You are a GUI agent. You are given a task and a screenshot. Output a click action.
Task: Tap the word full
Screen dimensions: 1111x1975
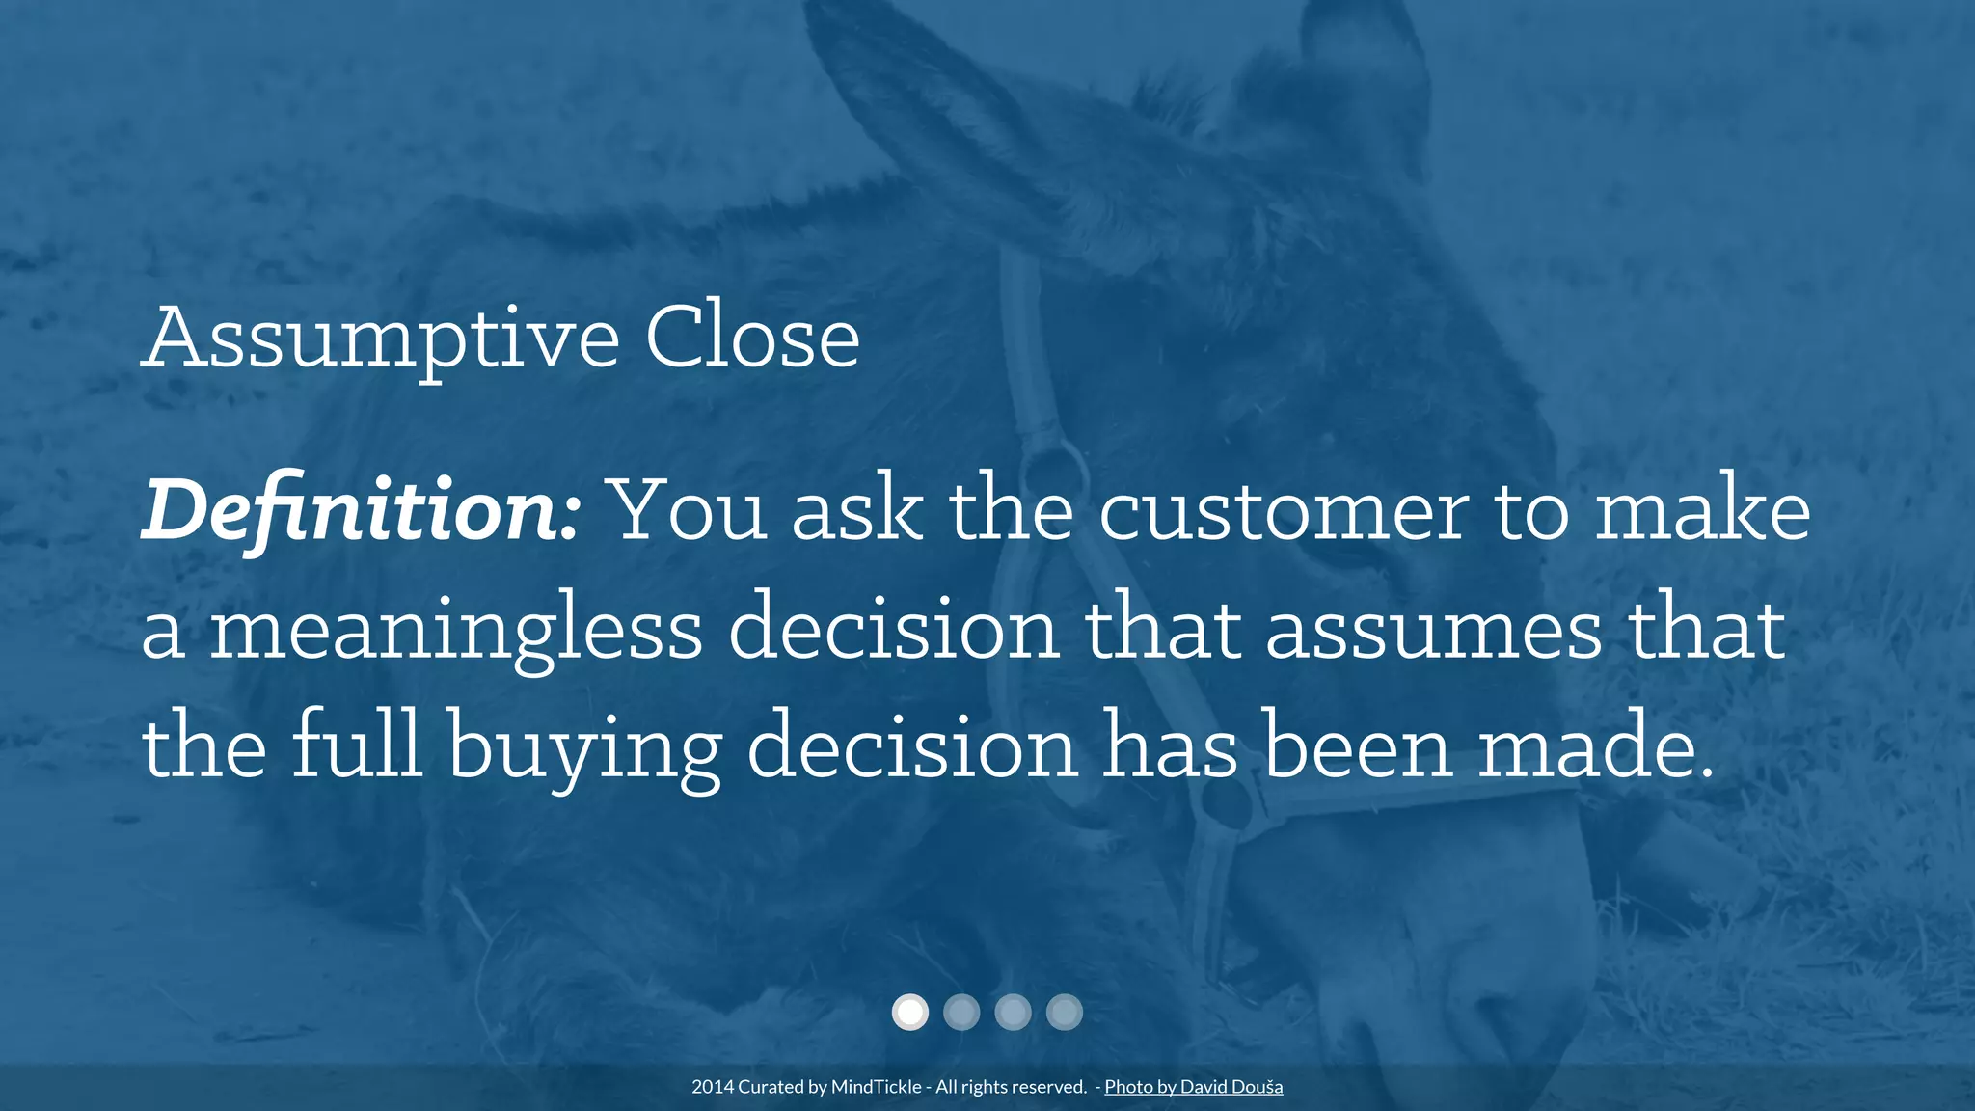[x=356, y=745]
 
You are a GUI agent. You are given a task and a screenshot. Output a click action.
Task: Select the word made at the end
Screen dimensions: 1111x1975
[x=1596, y=745]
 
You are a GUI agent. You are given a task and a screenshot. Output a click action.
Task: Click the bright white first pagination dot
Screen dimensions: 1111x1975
[x=909, y=1012]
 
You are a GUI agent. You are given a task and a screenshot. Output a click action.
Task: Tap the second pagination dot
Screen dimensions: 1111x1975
[x=961, y=1012]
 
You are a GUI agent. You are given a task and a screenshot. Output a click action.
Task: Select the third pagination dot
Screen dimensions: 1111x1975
[x=1013, y=1012]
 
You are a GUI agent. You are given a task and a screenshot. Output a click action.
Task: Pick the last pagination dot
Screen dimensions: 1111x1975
[x=1065, y=1012]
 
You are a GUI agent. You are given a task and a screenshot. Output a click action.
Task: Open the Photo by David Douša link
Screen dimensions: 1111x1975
[x=1193, y=1087]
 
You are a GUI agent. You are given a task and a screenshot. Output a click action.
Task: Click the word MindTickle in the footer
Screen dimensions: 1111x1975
[x=876, y=1087]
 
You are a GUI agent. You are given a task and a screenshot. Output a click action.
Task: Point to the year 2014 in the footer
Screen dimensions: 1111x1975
[x=713, y=1087]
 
